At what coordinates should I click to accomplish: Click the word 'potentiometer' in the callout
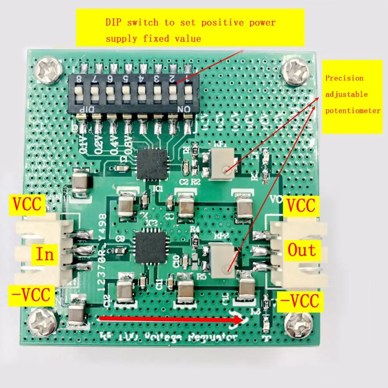[353, 111]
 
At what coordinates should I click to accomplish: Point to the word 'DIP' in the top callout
[115, 22]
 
